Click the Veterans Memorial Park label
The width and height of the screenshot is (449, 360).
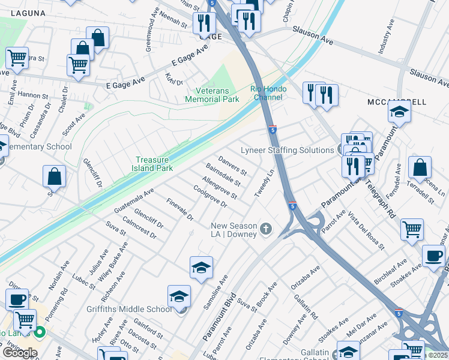pyautogui.click(x=207, y=94)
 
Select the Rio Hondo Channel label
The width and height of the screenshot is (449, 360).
pyautogui.click(x=268, y=93)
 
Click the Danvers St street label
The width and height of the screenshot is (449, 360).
pyautogui.click(x=232, y=166)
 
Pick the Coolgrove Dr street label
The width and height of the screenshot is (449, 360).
pyautogui.click(x=210, y=196)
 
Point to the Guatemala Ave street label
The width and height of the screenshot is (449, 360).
pyautogui.click(x=134, y=200)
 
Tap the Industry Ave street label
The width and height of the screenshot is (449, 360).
pyautogui.click(x=385, y=37)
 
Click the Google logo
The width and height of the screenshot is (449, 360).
pyautogui.click(x=20, y=353)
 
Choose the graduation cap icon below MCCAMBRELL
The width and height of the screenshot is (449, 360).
pyautogui.click(x=399, y=112)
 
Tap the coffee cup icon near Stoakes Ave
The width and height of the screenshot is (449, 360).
pyautogui.click(x=433, y=256)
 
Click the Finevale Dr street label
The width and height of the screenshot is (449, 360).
pyautogui.click(x=180, y=208)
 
